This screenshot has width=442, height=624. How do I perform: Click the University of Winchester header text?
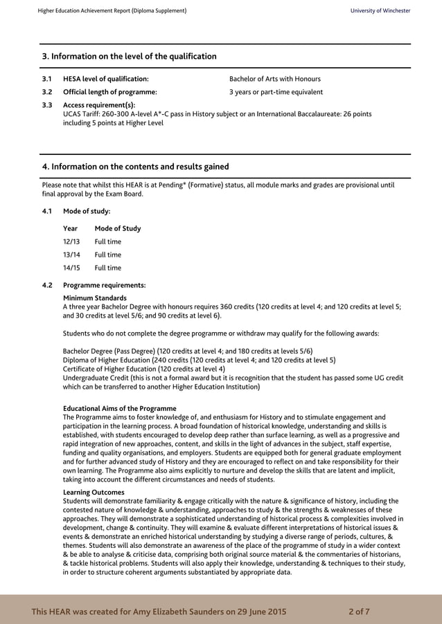[x=380, y=11]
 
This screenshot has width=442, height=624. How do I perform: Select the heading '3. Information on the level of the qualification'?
[x=129, y=56]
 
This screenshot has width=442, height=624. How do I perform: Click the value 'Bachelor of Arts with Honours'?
[x=274, y=79]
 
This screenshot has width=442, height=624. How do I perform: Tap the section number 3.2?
[x=47, y=92]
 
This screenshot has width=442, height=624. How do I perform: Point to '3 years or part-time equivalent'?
[x=276, y=92]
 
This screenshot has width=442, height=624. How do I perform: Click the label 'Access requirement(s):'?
[x=99, y=105]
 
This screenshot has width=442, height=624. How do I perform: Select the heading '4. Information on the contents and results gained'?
[x=135, y=167]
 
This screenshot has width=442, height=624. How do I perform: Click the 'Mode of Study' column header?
[x=117, y=228]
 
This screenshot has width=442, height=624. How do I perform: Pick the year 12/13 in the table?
[x=71, y=241]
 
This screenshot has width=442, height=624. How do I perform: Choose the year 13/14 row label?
[x=71, y=255]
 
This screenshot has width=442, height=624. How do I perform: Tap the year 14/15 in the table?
[x=71, y=268]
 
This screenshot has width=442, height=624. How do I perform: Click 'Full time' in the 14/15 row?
[x=107, y=268]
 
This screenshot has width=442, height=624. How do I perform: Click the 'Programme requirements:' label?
[x=104, y=285]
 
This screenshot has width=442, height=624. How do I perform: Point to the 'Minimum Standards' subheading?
[x=94, y=298]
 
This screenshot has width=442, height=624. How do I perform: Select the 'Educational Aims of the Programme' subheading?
[x=119, y=408]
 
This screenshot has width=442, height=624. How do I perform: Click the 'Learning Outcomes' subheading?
[x=94, y=492]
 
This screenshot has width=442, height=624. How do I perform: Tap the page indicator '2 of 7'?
[x=359, y=612]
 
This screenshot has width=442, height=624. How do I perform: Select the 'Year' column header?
[x=70, y=228]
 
